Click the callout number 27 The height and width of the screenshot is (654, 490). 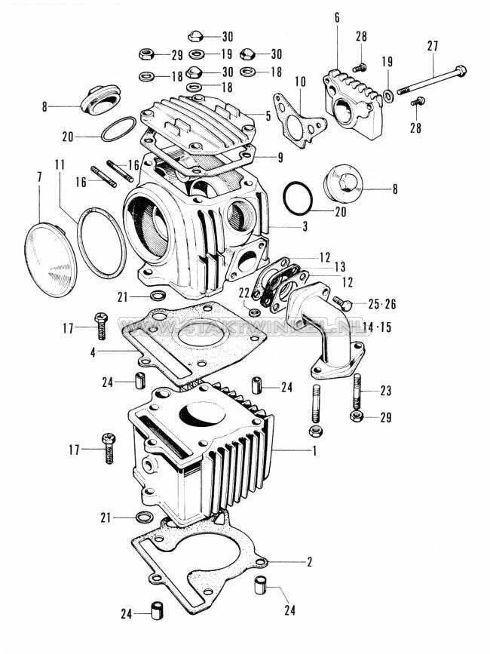[x=432, y=46]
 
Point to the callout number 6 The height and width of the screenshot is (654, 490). [x=337, y=17]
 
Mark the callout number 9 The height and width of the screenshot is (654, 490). [x=280, y=158]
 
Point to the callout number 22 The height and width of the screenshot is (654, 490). [x=244, y=293]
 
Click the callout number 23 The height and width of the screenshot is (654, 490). [x=386, y=391]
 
